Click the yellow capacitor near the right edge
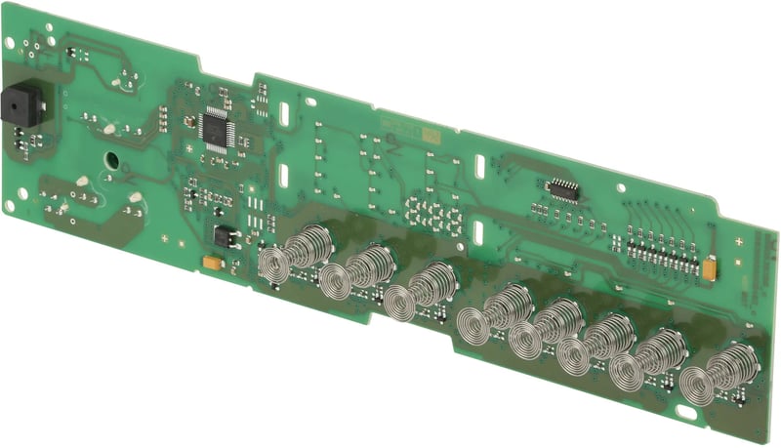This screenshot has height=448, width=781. coord(712,264)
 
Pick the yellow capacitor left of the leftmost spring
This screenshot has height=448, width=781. coord(210,262)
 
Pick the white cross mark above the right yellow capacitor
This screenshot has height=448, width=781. coord(738,238)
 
